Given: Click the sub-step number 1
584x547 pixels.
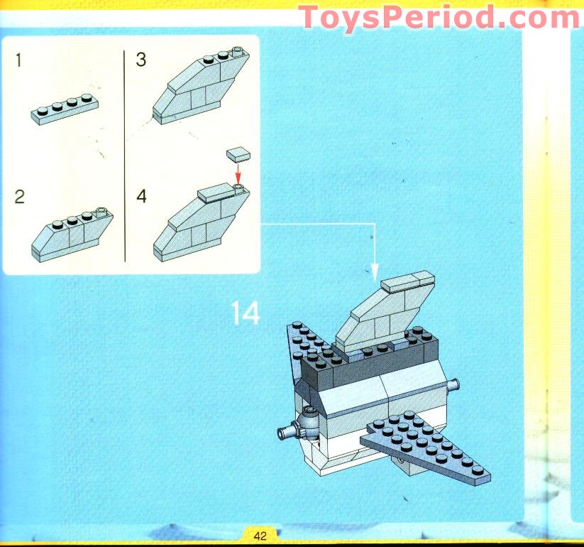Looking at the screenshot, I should [x=18, y=60].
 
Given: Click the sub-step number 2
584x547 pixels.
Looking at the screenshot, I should [x=19, y=197].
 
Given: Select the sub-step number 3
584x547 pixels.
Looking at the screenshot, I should [x=141, y=60].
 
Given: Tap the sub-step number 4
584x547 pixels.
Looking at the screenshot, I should [x=141, y=197].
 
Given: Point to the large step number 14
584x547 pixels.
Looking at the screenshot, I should [x=245, y=313].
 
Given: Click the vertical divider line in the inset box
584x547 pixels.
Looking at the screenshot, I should [x=125, y=156].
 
